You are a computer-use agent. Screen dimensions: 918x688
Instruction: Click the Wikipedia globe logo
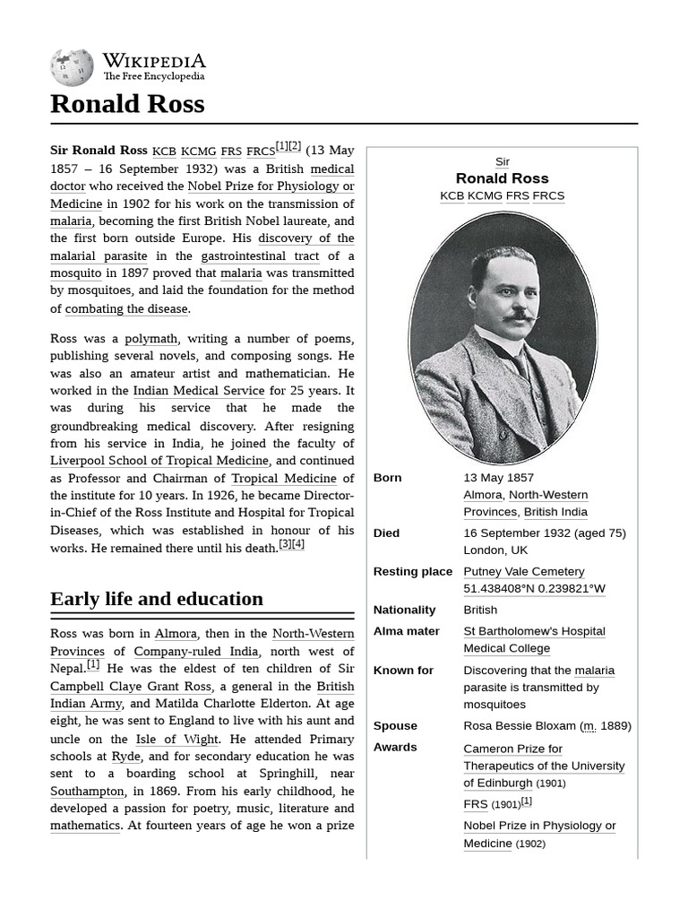click(72, 68)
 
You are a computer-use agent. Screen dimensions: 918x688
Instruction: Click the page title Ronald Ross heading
click(127, 104)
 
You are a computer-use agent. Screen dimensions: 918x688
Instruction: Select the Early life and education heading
click(157, 599)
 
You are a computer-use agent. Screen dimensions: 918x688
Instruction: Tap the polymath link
click(150, 339)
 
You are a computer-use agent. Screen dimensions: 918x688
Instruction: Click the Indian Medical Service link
click(198, 391)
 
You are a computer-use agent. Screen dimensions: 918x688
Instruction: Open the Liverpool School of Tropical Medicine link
click(159, 461)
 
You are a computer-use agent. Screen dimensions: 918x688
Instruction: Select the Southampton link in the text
click(87, 792)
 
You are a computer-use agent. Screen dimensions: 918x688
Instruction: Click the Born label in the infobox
click(387, 478)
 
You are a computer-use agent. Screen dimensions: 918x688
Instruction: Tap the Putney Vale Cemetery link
click(523, 571)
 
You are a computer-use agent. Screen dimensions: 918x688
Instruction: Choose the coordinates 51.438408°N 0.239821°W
click(534, 589)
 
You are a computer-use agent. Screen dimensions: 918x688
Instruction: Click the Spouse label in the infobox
click(395, 726)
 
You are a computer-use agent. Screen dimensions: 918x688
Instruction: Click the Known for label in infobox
click(403, 671)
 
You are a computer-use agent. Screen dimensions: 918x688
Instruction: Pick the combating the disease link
click(126, 308)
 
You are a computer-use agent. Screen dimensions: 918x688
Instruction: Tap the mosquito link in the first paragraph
click(76, 273)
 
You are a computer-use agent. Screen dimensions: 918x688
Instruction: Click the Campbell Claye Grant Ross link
click(130, 687)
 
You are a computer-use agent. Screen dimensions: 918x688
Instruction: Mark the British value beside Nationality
click(480, 610)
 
